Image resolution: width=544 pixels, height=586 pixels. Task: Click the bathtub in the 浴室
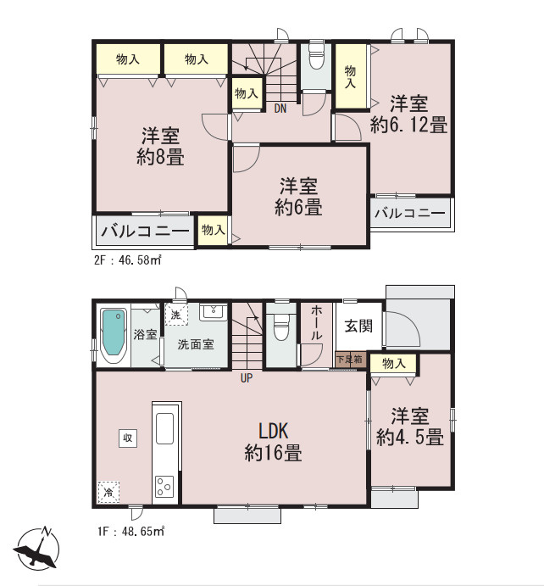click(x=112, y=334)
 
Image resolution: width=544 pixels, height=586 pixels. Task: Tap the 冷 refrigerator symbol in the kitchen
click(x=108, y=491)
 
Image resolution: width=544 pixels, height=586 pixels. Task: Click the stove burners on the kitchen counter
click(x=164, y=487)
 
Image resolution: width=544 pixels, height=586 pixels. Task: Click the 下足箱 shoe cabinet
click(x=350, y=360)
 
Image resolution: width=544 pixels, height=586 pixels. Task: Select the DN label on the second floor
click(x=279, y=109)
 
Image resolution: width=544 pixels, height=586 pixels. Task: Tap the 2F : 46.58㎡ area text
click(x=127, y=260)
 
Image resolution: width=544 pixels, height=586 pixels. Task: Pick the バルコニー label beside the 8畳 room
click(x=146, y=230)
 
